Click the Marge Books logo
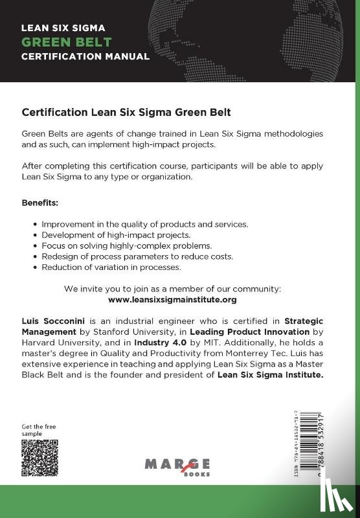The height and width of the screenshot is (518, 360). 177,466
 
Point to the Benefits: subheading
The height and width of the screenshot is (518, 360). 40,203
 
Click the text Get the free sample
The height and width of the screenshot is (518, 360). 36,430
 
